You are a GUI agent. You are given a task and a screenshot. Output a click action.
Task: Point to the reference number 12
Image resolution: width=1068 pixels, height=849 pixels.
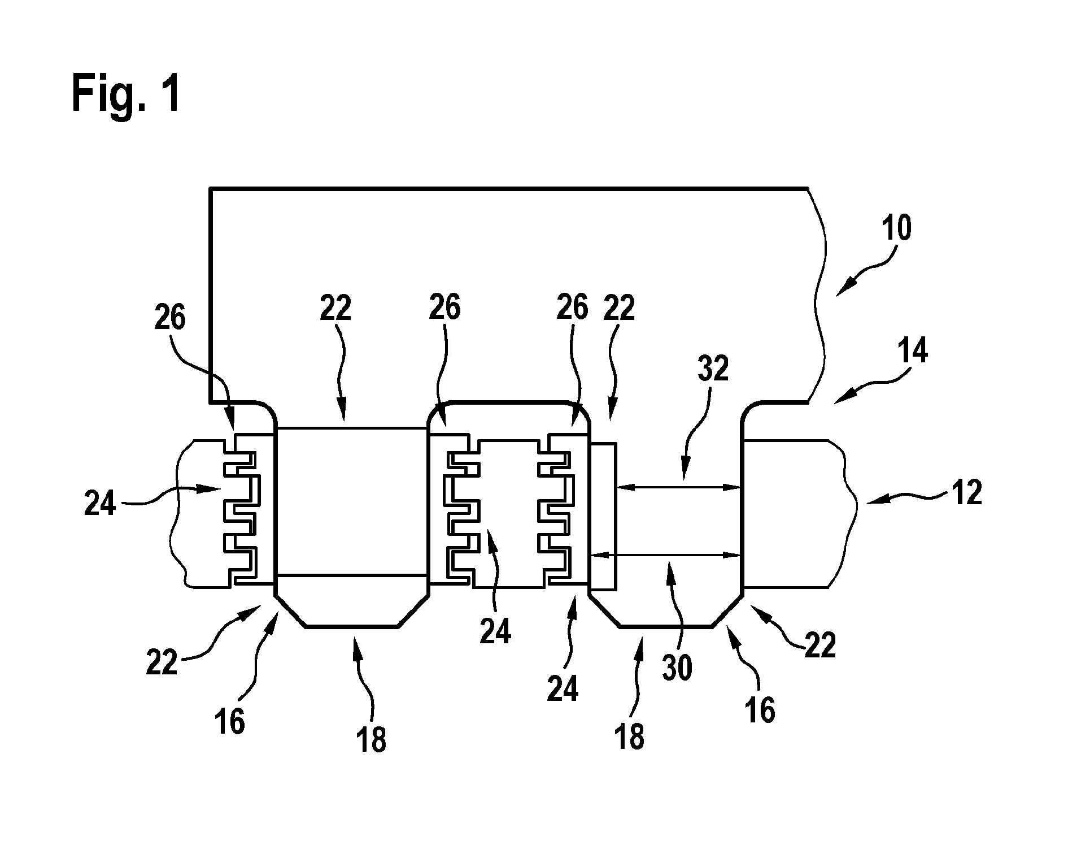click(x=966, y=493)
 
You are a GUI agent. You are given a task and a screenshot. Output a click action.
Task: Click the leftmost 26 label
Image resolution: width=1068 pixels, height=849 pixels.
click(x=169, y=318)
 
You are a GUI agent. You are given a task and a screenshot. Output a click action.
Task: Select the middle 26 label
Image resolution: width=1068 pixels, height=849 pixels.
click(x=444, y=307)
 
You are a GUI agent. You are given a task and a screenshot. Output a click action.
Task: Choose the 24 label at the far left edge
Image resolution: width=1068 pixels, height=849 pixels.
click(x=99, y=504)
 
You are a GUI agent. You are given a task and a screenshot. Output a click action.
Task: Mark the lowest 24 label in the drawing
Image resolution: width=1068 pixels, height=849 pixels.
click(x=563, y=688)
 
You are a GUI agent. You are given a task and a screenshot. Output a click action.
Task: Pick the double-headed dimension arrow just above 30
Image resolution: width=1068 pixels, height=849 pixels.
click(x=665, y=556)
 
